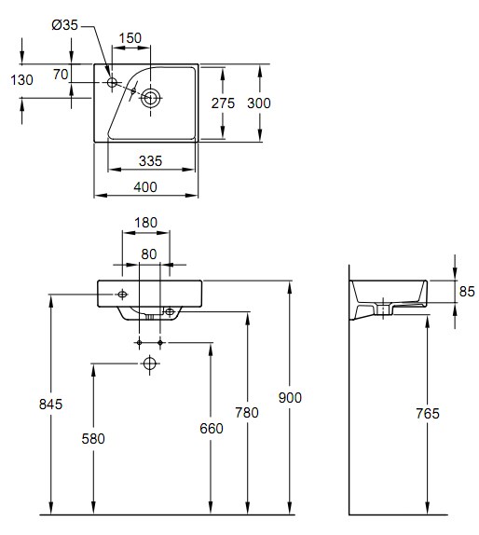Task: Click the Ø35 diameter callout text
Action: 65,25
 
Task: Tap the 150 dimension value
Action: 130,38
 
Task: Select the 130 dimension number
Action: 21,80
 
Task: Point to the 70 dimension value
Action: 61,74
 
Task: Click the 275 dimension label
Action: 223,103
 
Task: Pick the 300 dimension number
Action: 259,103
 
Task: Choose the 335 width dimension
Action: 150,161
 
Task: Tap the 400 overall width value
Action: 145,187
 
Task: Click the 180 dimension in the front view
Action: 145,223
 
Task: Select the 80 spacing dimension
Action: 149,254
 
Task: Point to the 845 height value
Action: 51,405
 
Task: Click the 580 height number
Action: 93,439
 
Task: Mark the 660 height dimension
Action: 212,429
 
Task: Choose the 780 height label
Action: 247,413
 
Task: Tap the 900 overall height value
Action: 290,398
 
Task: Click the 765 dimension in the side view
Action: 428,414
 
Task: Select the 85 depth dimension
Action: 467,292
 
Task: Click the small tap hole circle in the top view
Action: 112,82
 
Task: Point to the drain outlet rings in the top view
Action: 150,98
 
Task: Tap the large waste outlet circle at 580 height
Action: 150,364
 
